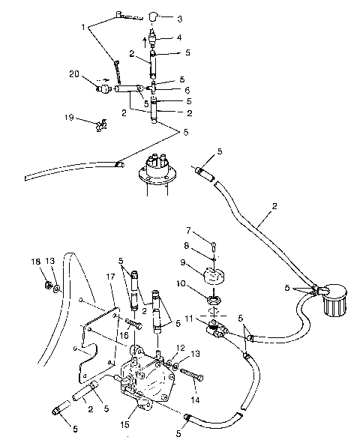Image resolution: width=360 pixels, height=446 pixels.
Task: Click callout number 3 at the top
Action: pyautogui.click(x=178, y=17)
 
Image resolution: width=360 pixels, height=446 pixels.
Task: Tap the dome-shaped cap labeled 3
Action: pyautogui.click(x=153, y=16)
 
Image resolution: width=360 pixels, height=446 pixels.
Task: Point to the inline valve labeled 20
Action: pyautogui.click(x=103, y=88)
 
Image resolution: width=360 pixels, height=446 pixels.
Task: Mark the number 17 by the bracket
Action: pyautogui.click(x=110, y=276)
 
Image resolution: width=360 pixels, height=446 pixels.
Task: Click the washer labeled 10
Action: pyautogui.click(x=214, y=301)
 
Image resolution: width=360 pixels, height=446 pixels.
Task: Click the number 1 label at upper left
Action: pyautogui.click(x=84, y=28)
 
